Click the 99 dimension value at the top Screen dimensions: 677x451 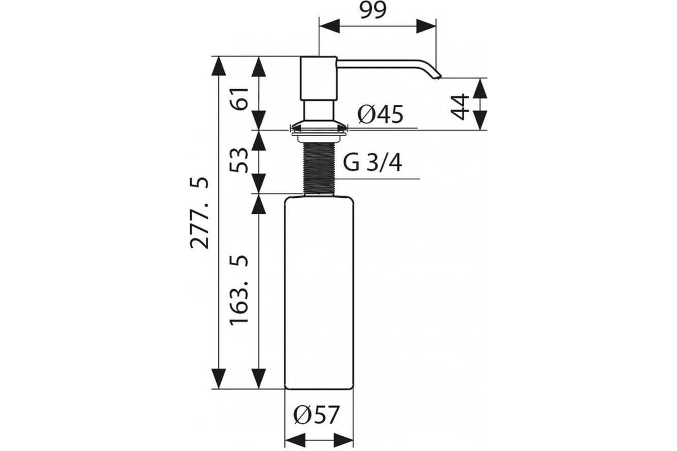tap(373, 10)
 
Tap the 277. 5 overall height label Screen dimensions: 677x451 tap(200, 213)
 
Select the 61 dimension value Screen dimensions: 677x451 tap(239, 99)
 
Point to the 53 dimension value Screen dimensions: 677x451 tap(239, 160)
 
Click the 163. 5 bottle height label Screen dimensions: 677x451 tap(239, 290)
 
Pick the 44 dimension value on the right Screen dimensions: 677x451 tap(460, 107)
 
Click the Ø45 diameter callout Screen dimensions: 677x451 tap(380, 114)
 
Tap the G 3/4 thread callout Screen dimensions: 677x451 tap(372, 163)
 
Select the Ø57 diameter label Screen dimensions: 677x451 tap(316, 415)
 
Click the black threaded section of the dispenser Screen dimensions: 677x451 tap(319, 169)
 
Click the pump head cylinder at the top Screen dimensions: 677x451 tap(319, 78)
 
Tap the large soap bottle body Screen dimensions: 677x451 tap(319, 293)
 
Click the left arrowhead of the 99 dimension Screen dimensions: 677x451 tap(329, 26)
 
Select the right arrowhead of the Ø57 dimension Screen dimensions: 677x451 tap(344, 440)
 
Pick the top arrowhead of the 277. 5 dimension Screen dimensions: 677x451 tap(219, 66)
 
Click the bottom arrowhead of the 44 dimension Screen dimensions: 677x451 tap(480, 120)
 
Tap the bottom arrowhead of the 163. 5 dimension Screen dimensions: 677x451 tap(259, 379)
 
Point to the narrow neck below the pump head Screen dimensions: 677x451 tap(319, 110)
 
